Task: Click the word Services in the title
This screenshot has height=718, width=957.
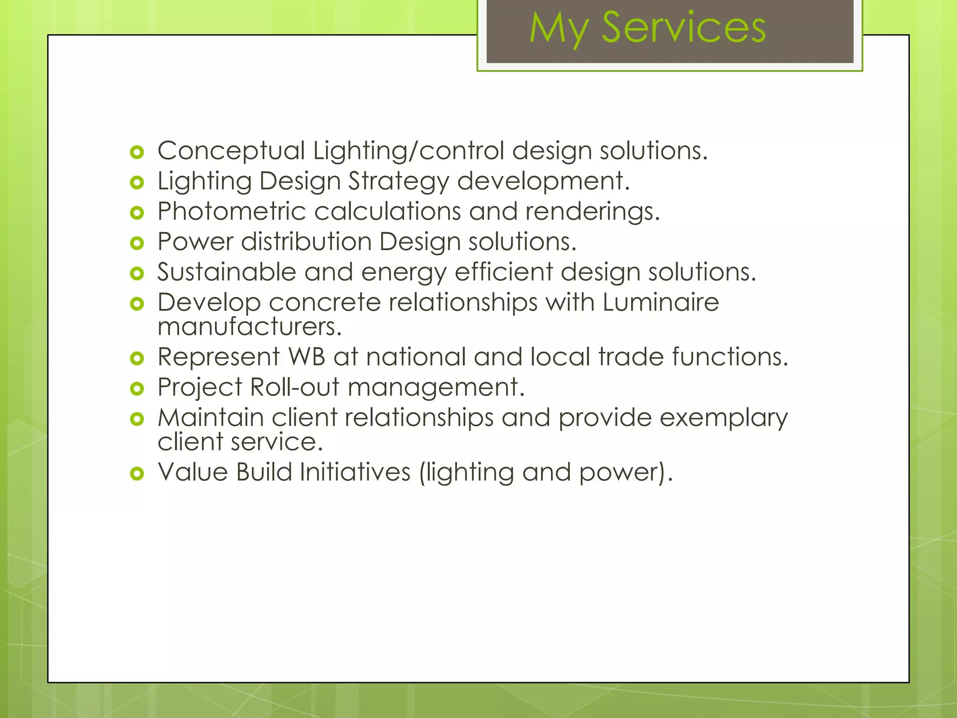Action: (x=683, y=28)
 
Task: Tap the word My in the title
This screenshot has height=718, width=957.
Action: (x=558, y=29)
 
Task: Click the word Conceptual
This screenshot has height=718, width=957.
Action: (x=231, y=151)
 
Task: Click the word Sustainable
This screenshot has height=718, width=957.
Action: (x=227, y=272)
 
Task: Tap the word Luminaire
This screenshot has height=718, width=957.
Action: (x=660, y=302)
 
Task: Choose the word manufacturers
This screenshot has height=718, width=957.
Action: (x=250, y=327)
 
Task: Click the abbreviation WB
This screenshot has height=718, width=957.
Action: (x=307, y=357)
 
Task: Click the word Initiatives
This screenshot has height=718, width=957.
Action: (x=355, y=472)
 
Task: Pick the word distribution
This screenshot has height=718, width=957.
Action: (x=306, y=242)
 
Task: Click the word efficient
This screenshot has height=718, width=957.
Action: (x=503, y=272)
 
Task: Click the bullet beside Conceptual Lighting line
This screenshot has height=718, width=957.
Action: (x=137, y=152)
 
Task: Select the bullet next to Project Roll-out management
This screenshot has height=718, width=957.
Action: (x=137, y=388)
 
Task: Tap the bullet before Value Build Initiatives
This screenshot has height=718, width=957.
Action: (x=137, y=474)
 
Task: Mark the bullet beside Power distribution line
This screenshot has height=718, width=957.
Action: (x=137, y=243)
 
